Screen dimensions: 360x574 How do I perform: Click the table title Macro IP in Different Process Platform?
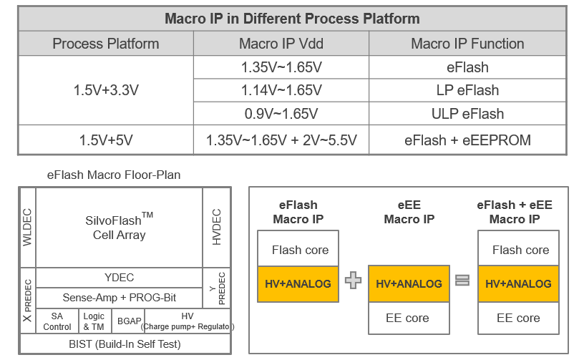click(292, 19)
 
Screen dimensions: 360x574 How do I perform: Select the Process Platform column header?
click(106, 44)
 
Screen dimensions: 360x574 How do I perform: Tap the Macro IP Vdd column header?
click(281, 44)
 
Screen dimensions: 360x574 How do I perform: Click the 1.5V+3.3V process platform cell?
click(106, 91)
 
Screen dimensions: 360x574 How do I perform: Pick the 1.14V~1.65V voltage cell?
click(281, 91)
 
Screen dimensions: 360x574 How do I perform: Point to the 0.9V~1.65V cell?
click(281, 114)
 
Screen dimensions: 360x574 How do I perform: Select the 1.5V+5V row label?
click(106, 140)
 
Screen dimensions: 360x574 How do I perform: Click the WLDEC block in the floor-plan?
click(28, 227)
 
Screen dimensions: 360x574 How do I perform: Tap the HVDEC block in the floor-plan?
click(217, 227)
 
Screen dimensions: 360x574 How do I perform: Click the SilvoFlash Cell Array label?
click(120, 227)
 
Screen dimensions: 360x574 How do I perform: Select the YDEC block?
click(120, 278)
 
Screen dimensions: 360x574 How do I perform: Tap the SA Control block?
click(57, 321)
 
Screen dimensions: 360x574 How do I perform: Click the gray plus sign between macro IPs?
click(353, 281)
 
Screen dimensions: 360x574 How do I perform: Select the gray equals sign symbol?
click(463, 281)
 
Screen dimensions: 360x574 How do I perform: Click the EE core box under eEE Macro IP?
click(408, 318)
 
